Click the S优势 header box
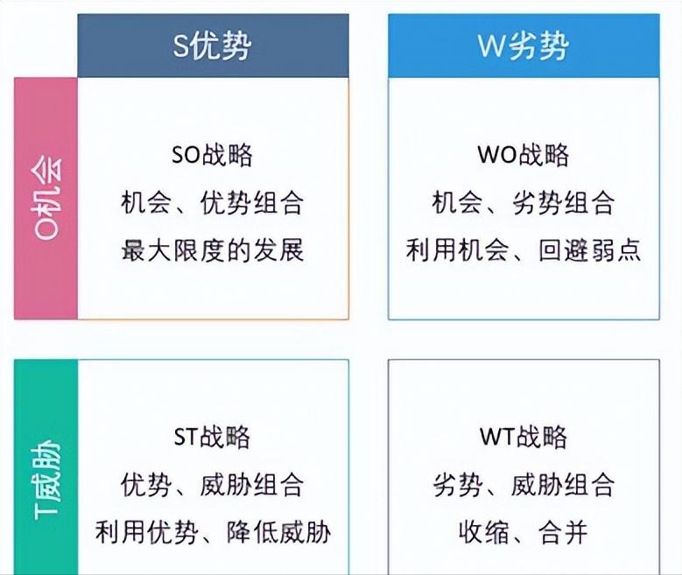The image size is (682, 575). click(x=213, y=46)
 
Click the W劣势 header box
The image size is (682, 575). click(x=524, y=46)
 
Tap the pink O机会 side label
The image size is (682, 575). click(x=46, y=198)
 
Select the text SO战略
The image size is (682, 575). click(x=213, y=155)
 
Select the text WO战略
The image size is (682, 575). click(x=524, y=155)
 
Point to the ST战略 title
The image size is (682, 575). click(x=213, y=436)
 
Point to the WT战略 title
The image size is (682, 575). click(x=524, y=436)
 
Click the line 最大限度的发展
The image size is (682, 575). click(x=213, y=250)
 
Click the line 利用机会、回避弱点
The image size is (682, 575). click(x=524, y=250)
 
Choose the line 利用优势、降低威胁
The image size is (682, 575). click(x=213, y=530)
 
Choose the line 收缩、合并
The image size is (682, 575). click(x=524, y=530)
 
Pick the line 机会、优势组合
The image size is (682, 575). click(x=213, y=203)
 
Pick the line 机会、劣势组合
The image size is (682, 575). click(x=524, y=203)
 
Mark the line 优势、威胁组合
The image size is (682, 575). click(x=213, y=483)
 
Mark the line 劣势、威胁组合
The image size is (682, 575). click(x=524, y=483)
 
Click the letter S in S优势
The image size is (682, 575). click(x=180, y=46)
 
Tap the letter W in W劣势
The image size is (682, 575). click(x=490, y=46)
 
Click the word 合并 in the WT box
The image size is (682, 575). click(x=563, y=530)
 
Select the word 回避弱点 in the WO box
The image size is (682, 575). click(x=590, y=250)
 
